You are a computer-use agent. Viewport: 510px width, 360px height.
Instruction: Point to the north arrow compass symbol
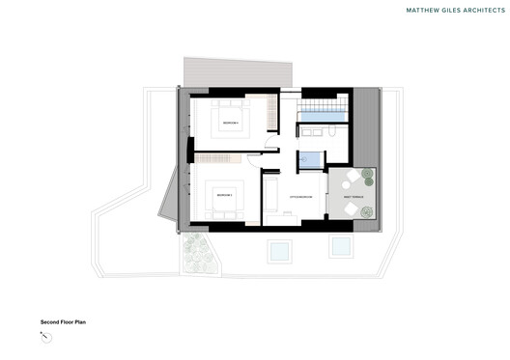44,336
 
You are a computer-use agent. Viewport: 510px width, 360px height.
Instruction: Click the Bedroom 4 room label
229,124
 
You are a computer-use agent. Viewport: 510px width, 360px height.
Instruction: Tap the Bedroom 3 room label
224,195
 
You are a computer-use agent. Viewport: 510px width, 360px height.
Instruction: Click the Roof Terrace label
349,199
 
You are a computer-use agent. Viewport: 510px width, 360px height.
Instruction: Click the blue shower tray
310,160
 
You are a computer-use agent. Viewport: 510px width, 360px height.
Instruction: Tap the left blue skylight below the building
279,251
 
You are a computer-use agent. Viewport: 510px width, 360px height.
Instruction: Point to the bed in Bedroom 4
230,123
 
